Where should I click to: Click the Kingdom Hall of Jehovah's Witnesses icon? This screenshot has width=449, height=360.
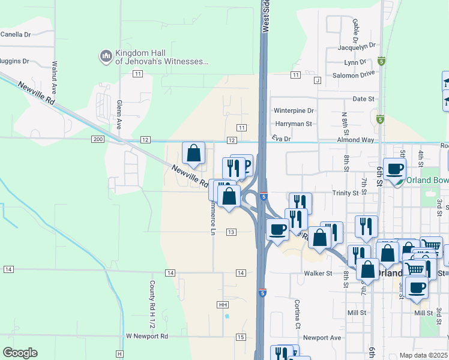tap(106, 56)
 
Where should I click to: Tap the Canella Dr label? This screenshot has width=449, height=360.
tap(16, 34)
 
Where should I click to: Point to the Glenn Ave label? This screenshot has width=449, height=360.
tap(119, 113)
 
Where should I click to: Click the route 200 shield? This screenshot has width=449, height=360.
tap(98, 139)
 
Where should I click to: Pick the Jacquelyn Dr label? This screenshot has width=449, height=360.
tap(357, 45)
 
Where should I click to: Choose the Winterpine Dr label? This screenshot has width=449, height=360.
tap(294, 110)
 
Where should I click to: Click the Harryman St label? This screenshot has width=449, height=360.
tap(294, 124)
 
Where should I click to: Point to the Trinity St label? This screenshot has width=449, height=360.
tap(345, 193)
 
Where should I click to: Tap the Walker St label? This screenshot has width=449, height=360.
tap(318, 274)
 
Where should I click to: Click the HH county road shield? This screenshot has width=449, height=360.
tap(223, 305)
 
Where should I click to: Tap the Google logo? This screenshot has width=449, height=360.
tap(20, 353)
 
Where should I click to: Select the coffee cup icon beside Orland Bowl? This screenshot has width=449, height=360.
tap(395, 170)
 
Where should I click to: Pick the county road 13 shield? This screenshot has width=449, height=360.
tap(231, 232)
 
